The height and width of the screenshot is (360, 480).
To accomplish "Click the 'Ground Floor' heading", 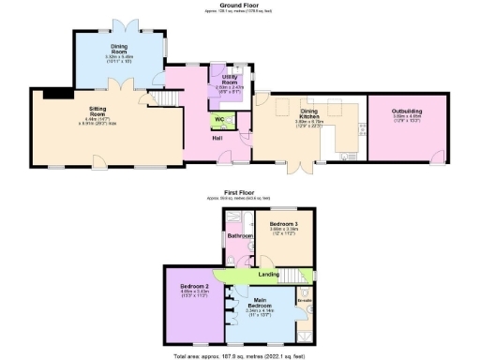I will click(239, 4).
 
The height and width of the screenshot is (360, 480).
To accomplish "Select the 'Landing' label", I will click(268, 274).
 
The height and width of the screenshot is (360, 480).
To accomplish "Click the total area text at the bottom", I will click(240, 355).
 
